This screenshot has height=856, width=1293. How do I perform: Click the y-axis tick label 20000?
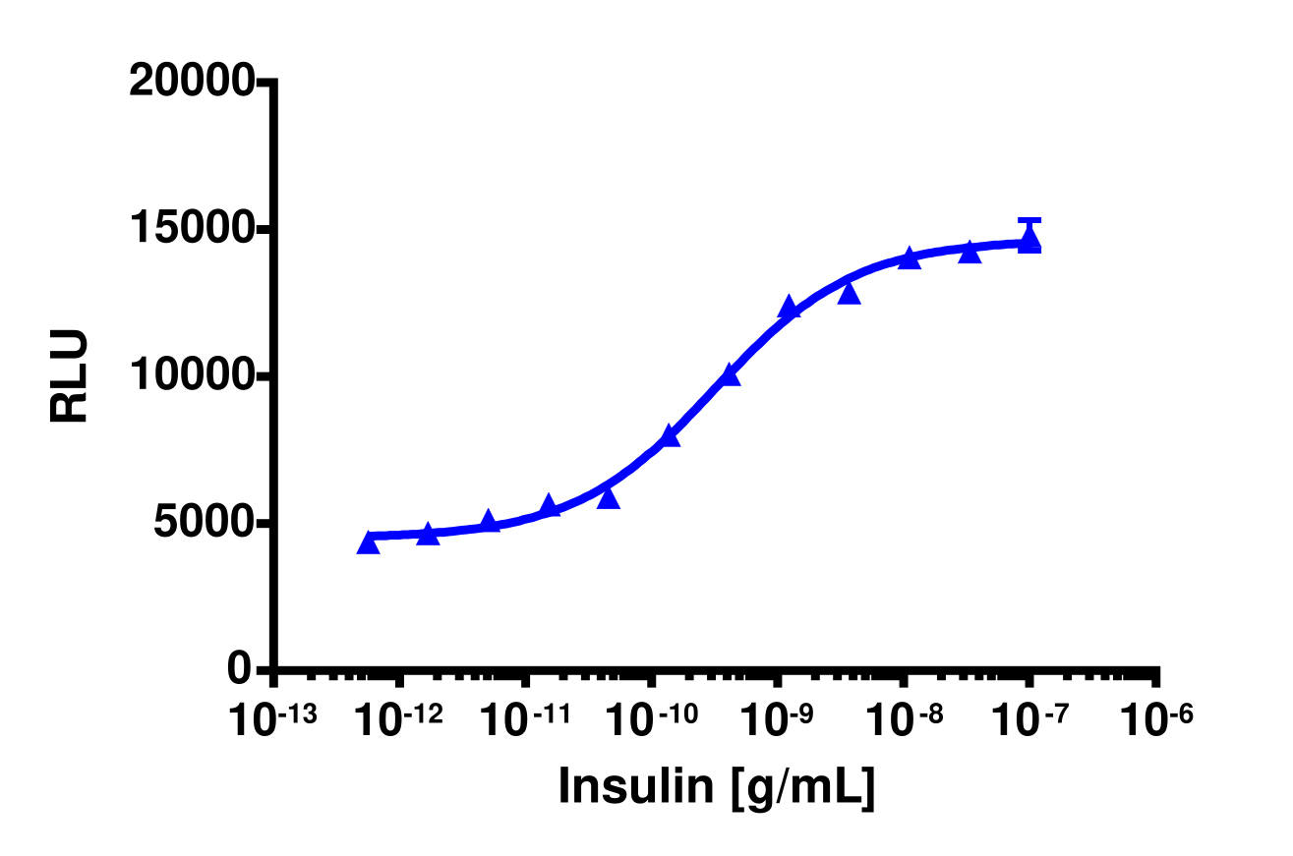[192, 83]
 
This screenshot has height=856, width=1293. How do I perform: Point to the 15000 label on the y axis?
[192, 230]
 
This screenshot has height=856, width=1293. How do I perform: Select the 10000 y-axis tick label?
[192, 376]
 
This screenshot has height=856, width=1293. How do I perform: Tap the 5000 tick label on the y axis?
[203, 523]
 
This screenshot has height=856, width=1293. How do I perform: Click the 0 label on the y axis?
[238, 669]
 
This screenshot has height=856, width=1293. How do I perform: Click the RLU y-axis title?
[70, 376]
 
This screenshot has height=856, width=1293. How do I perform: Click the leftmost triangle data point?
[369, 542]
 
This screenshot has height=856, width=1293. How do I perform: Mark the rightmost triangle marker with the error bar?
[1029, 241]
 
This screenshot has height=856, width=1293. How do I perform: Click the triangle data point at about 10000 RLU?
[730, 374]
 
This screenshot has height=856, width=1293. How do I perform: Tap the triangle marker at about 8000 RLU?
[670, 436]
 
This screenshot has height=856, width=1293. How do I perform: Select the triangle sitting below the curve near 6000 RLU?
[609, 498]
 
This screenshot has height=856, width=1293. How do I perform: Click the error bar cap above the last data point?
[1029, 220]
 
